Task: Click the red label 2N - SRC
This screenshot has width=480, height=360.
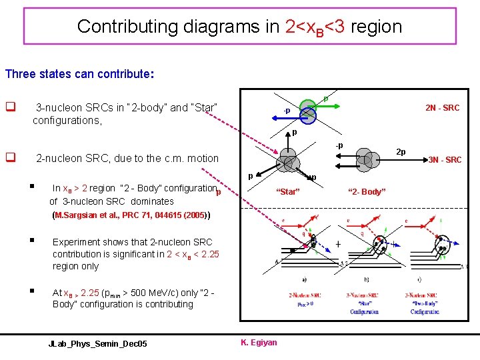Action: coord(443,108)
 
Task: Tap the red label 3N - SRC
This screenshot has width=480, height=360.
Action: coord(445,160)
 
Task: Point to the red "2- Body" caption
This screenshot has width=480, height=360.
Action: coord(366,192)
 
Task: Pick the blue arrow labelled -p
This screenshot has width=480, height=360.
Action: coord(291,117)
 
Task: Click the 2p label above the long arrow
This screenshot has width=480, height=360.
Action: coord(401,151)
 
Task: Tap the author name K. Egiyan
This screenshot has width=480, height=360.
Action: coord(259,343)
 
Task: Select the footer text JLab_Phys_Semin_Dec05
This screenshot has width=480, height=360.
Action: coord(98,343)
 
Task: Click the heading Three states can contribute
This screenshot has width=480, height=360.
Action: coord(77,74)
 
